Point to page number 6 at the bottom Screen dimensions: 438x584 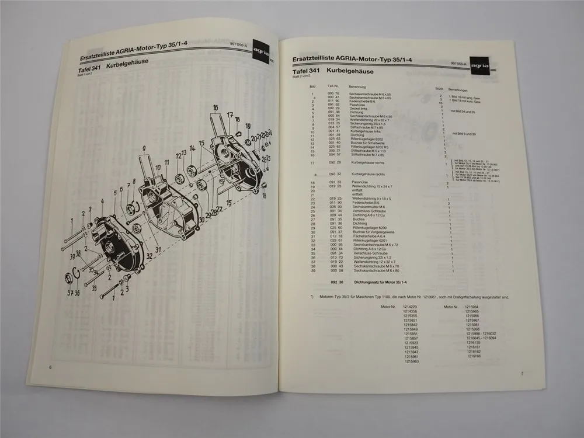click(50, 367)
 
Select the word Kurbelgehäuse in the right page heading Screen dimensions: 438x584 click(350, 71)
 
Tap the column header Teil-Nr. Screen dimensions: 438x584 click(333, 86)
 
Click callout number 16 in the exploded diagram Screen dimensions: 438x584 click(215, 107)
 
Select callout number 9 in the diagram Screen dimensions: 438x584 click(142, 150)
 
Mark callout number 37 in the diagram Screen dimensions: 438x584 click(69, 293)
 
